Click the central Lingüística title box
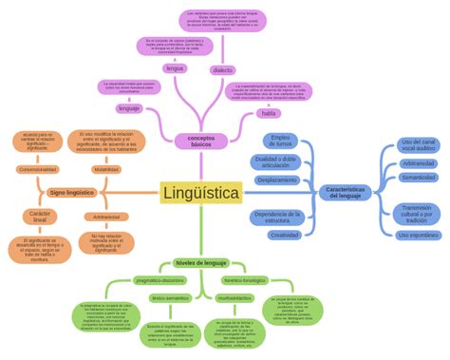pos(200,193)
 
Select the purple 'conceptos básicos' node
pos(201,141)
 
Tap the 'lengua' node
pos(176,69)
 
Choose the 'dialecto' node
pos(223,70)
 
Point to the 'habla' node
pos(268,113)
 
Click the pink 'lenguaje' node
pos(129,108)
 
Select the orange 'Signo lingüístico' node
pos(71,193)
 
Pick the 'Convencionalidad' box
pos(38,169)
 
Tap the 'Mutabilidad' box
pos(106,169)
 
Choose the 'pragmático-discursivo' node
pos(160,281)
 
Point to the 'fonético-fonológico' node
pos(245,281)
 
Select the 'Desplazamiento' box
pos(277,180)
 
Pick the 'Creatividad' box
pos(285,235)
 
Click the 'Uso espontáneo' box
pos(419,235)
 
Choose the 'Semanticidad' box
pos(419,178)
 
